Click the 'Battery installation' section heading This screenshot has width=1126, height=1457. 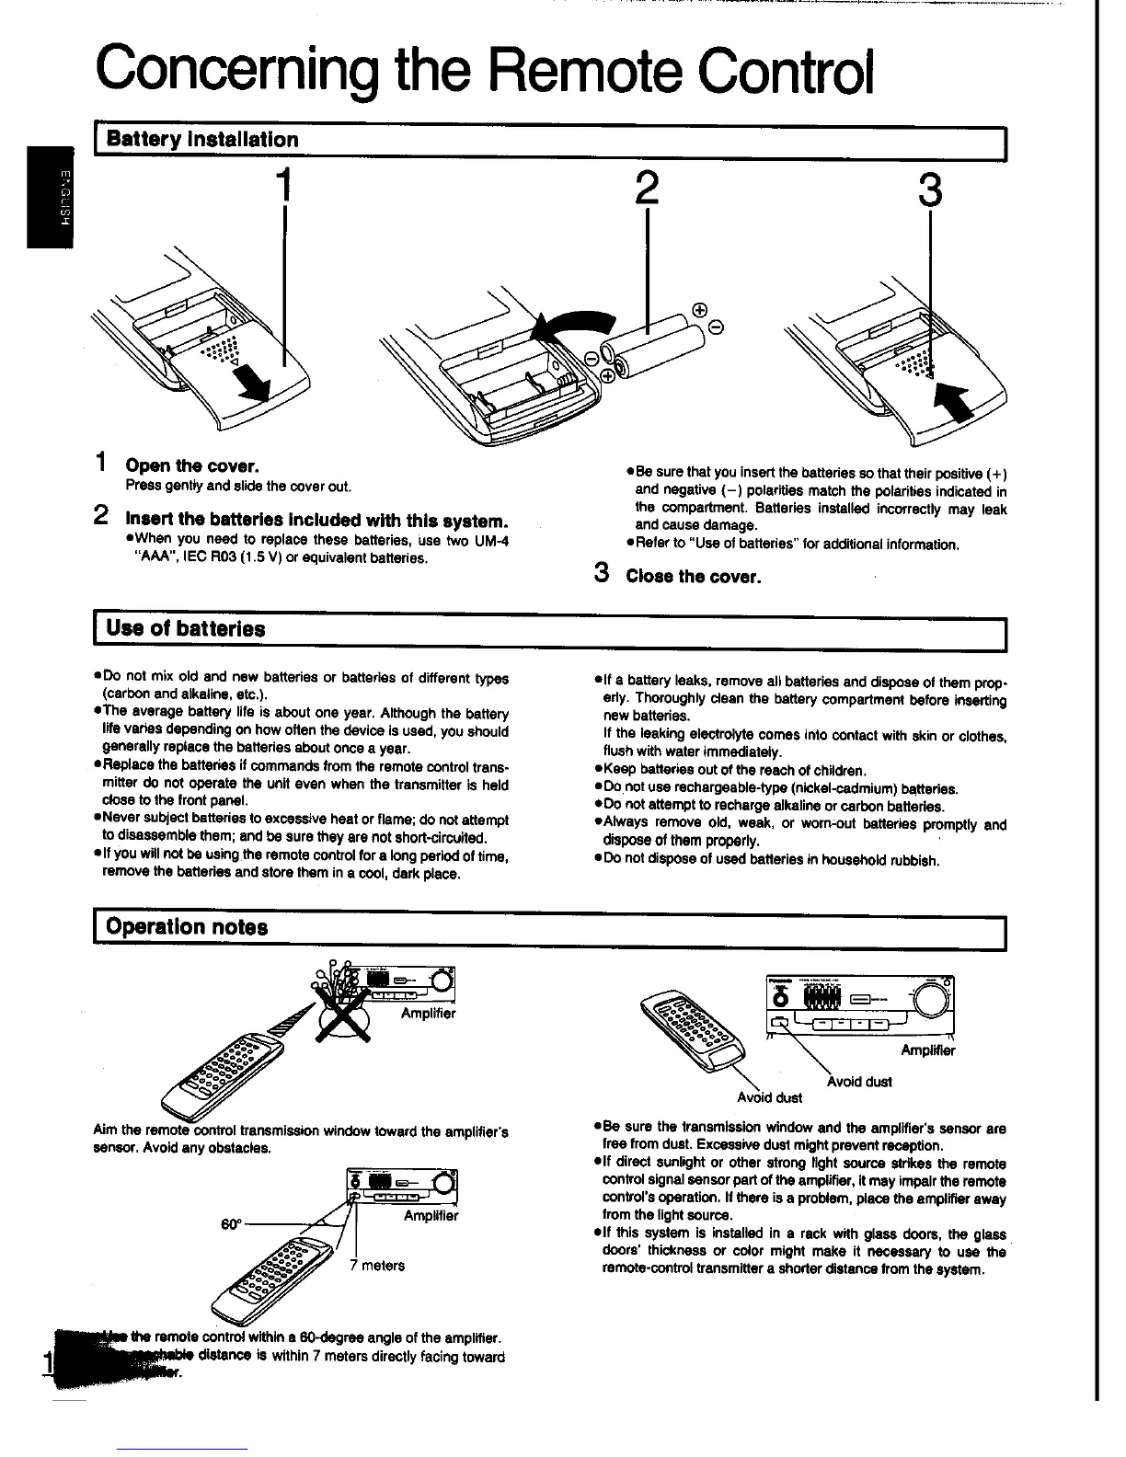click(x=202, y=140)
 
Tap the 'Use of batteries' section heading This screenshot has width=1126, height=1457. click(x=186, y=629)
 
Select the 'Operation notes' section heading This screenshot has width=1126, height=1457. click(x=187, y=926)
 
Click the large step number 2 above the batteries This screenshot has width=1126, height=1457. click(x=647, y=189)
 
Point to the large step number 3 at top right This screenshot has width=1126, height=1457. click(x=930, y=190)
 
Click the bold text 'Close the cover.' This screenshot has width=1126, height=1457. click(x=693, y=577)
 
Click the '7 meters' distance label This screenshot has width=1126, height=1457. click(x=377, y=1266)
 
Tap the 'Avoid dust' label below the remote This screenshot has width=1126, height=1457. click(x=769, y=1097)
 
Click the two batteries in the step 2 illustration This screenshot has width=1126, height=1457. click(x=661, y=345)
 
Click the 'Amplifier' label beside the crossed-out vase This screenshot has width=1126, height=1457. click(x=428, y=1014)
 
